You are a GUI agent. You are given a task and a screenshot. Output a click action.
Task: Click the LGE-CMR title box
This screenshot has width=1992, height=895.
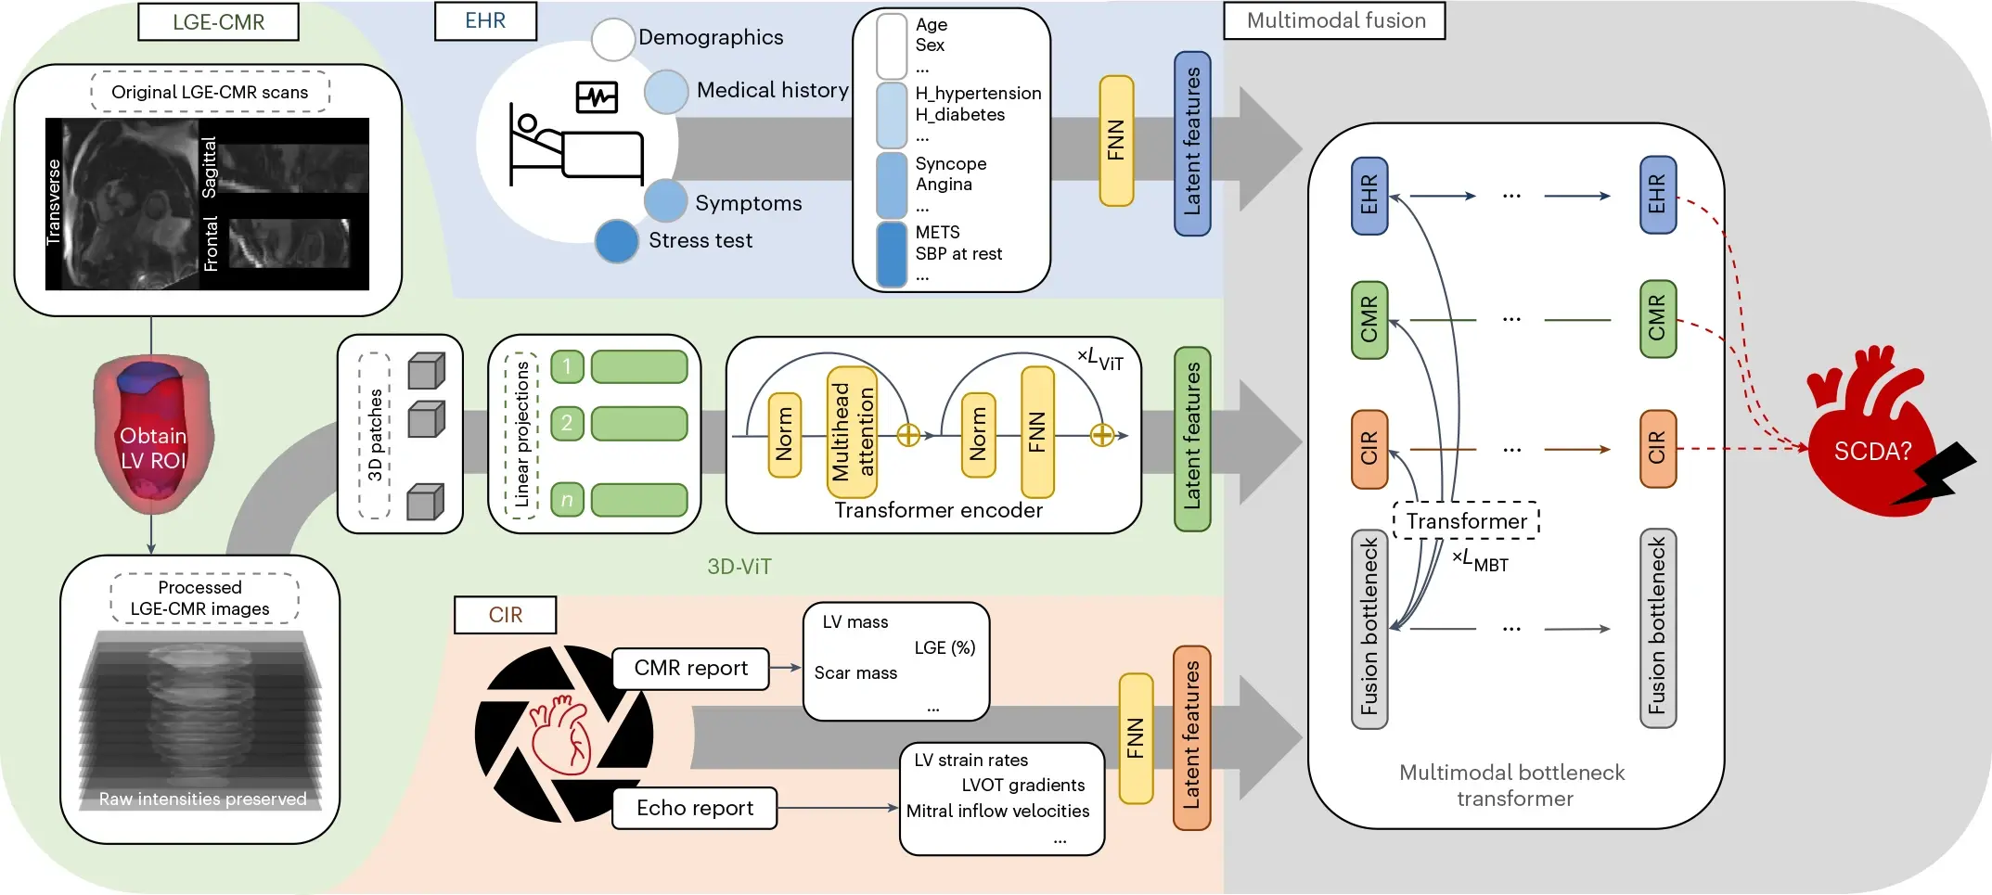218,22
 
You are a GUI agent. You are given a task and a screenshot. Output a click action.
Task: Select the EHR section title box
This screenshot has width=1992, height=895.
485,21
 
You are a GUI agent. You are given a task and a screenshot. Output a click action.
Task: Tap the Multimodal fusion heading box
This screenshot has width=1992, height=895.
1334,20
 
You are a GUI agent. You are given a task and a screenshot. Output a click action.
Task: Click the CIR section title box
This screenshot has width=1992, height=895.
505,615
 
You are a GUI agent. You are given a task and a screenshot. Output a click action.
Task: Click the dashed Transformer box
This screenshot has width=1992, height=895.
1466,520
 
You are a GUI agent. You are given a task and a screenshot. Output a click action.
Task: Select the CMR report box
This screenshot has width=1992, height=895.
690,669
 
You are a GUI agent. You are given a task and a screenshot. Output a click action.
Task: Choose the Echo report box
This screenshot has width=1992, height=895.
694,808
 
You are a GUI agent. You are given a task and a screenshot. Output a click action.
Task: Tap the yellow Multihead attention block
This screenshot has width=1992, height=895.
852,431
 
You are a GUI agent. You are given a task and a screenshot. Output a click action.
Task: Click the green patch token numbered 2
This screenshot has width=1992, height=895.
567,423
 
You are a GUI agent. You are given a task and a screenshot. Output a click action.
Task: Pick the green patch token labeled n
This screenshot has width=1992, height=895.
567,500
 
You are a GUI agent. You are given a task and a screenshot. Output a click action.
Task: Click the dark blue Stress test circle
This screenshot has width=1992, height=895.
617,241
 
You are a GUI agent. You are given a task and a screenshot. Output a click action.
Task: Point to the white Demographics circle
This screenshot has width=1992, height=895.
612,39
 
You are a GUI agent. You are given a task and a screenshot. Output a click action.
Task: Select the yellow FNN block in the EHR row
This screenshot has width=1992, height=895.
1116,141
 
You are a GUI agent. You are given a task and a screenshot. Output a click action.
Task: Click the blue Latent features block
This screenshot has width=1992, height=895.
1192,143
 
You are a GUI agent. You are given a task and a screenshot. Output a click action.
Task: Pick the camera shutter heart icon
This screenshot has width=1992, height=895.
563,734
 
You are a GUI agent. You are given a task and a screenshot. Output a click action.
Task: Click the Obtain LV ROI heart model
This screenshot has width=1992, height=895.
153,434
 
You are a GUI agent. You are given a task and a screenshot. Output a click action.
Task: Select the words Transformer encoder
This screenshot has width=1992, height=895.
938,510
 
